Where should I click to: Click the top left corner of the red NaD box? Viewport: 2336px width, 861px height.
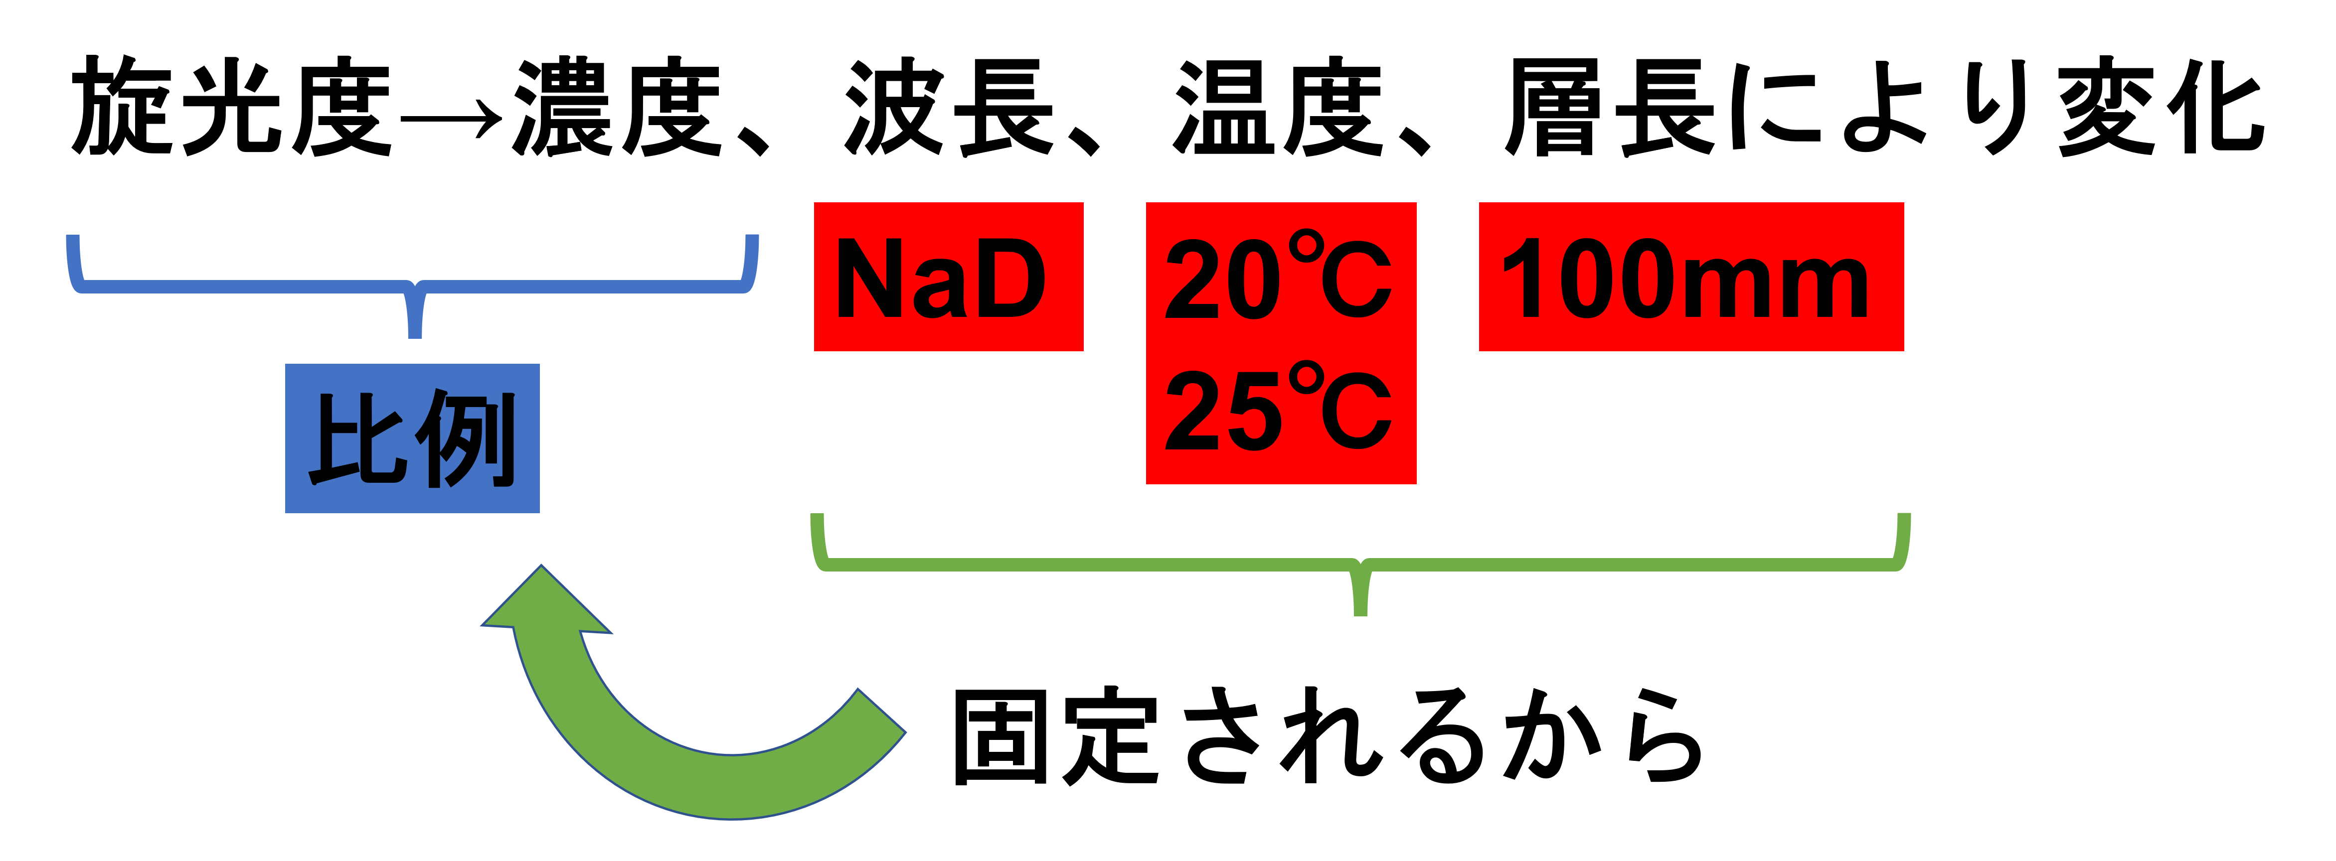(815, 203)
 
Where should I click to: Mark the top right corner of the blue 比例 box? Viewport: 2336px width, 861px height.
(539, 364)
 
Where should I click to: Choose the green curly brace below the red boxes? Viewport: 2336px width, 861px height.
(1360, 565)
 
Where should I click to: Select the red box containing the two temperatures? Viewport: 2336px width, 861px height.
(1281, 343)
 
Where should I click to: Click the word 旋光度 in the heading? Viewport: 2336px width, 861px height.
(231, 107)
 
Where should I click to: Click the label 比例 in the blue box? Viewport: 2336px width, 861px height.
(413, 438)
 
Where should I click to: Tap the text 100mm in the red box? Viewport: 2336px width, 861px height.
(1685, 278)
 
